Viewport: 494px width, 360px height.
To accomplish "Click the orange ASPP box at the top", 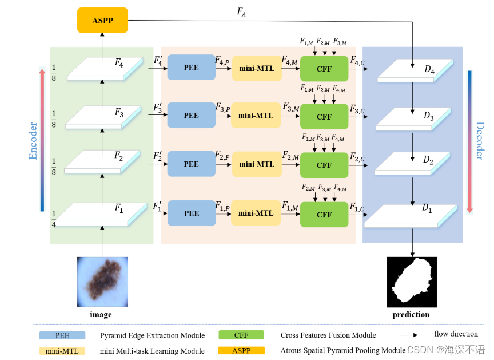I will (x=102, y=21).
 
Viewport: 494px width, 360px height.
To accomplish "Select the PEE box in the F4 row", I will (x=191, y=68).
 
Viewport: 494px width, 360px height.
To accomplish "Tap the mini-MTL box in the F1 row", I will (x=256, y=213).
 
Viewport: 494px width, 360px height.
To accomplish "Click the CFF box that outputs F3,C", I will (x=324, y=117).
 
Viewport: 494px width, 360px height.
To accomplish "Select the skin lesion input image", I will (x=102, y=282).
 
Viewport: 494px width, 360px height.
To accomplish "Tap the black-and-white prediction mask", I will (x=412, y=282).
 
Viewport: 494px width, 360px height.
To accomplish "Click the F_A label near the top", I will (x=242, y=11).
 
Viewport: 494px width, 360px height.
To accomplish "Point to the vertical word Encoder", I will (x=33, y=140).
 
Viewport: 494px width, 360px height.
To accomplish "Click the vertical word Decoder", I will (x=480, y=141).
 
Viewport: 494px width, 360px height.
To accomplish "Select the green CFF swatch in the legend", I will (x=241, y=335).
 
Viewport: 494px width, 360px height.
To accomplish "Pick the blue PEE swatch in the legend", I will (x=62, y=335).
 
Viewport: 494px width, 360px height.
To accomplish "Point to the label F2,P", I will (x=222, y=155).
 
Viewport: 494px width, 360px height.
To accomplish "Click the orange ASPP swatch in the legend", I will (x=241, y=350).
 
